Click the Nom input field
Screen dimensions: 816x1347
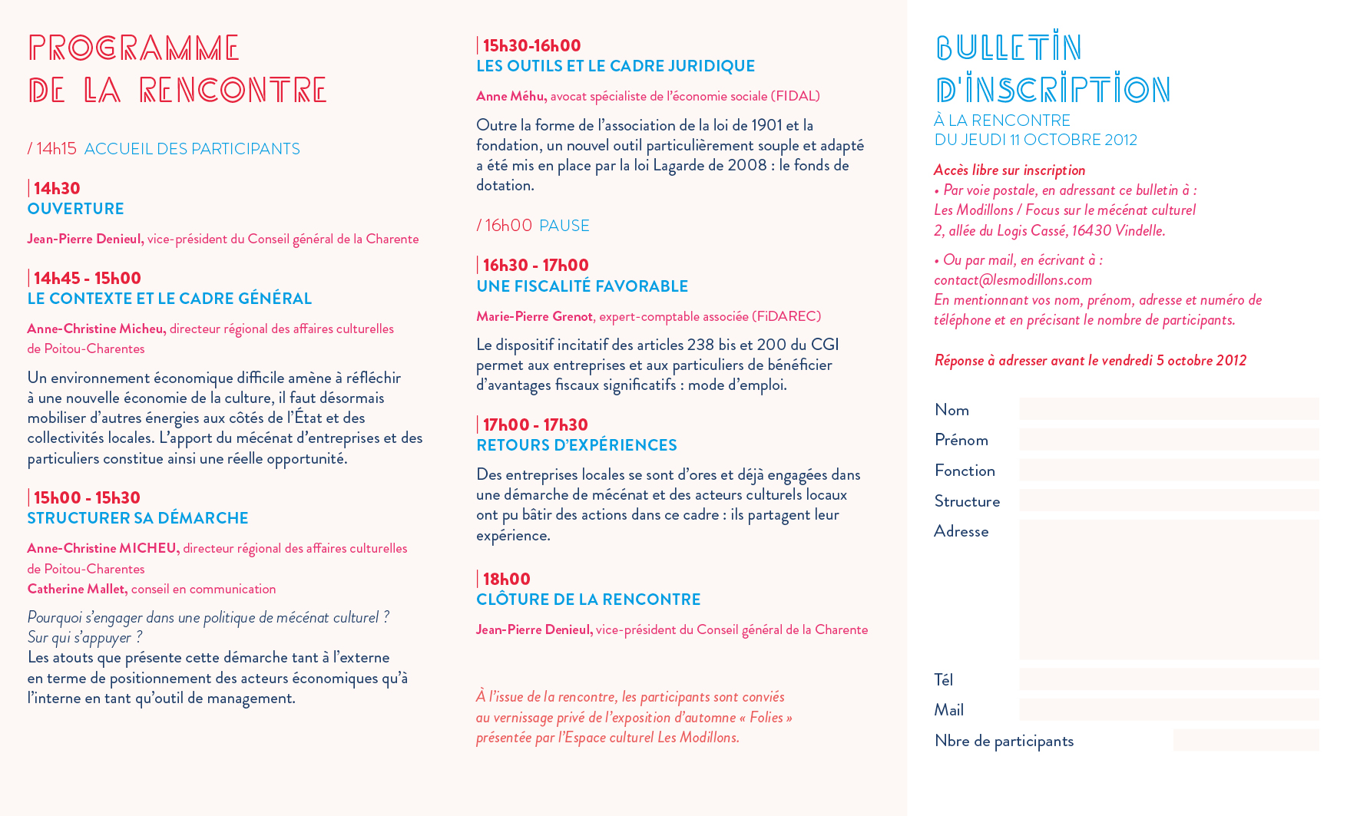[1168, 409]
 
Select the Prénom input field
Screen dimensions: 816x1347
[1168, 439]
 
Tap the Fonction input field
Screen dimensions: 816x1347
[1168, 470]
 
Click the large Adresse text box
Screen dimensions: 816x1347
[1168, 590]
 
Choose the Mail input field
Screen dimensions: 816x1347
[1168, 709]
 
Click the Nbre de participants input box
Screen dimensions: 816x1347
[1245, 740]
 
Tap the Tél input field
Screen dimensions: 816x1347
[1168, 679]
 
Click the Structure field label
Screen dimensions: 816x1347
[967, 501]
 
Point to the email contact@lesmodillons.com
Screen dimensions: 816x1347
[1012, 280]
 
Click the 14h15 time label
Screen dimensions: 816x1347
[56, 149]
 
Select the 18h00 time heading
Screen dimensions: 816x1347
[506, 580]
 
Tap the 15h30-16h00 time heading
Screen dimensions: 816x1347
[531, 46]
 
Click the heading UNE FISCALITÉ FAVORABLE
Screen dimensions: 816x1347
[582, 286]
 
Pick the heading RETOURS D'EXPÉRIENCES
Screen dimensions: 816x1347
[576, 445]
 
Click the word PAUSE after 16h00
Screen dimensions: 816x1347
[564, 226]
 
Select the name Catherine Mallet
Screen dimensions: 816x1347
[77, 589]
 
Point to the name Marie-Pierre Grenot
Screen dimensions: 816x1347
[534, 316]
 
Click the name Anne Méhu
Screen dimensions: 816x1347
[511, 96]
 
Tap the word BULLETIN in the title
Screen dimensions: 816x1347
[1008, 48]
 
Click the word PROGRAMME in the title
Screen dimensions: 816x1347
[134, 48]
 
